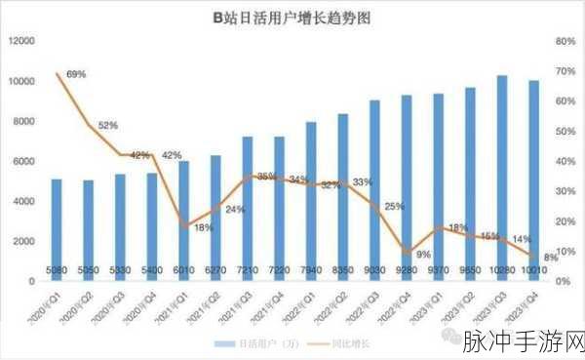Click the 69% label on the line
coord(77,74)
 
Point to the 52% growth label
coord(108,125)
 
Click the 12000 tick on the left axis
coord(22,41)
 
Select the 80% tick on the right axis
coord(562,41)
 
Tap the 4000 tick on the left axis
coord(25,201)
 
